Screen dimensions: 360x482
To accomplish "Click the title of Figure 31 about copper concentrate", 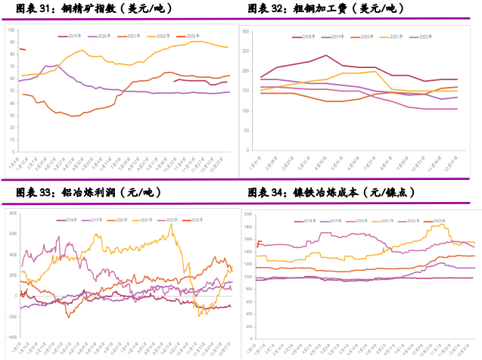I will [x=91, y=9].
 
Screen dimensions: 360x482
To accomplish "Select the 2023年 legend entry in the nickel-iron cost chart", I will [x=438, y=219].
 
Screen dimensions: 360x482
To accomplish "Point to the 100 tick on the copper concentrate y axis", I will [x=11, y=29].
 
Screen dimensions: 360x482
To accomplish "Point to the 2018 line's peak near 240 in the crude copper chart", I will [x=326, y=54].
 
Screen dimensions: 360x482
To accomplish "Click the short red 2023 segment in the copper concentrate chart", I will [x=22, y=49].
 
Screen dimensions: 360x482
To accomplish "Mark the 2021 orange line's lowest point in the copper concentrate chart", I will [x=73, y=116].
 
